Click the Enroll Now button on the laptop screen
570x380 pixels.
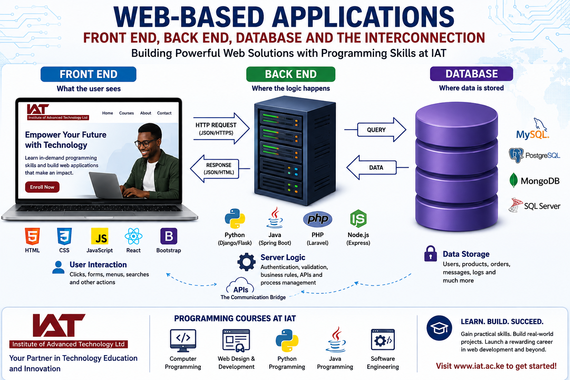coord(42,187)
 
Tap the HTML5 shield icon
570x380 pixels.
coord(32,236)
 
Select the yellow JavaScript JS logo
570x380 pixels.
coord(100,236)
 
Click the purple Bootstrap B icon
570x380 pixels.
coord(169,236)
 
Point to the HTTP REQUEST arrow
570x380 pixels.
coord(221,128)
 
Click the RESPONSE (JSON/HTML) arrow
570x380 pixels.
coord(220,169)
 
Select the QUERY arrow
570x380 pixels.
coord(376,130)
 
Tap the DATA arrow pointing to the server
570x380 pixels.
coord(377,167)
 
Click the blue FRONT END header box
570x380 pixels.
coord(88,74)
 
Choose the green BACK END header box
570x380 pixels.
coord(291,74)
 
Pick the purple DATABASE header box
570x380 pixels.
coord(471,74)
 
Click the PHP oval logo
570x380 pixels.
coord(318,219)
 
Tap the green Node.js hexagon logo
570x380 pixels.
coord(358,219)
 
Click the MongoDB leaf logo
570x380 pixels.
coord(514,180)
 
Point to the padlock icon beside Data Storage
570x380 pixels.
coord(430,253)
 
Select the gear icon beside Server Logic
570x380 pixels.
coord(246,262)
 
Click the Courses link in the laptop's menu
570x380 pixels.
coord(127,113)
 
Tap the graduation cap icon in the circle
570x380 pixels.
coord(439,328)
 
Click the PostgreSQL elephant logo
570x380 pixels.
coord(516,155)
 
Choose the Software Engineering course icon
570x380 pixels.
coord(383,340)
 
